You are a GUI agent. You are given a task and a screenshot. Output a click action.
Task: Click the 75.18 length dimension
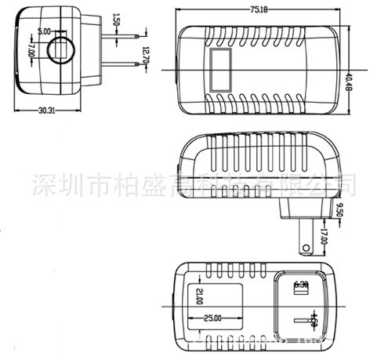point(258,9)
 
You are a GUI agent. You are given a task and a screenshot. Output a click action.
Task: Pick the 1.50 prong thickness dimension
point(116,20)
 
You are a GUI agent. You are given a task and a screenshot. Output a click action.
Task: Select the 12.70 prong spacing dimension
point(144,55)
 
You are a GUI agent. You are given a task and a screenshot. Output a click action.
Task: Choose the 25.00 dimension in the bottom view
point(212,318)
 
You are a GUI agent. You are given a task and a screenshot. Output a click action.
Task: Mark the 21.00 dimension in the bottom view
point(198,297)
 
